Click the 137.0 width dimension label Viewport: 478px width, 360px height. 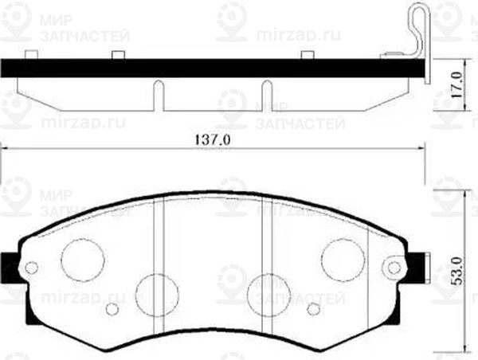(x=213, y=139)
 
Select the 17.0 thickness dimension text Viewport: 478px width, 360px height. (x=456, y=82)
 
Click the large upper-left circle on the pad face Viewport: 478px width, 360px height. (x=84, y=258)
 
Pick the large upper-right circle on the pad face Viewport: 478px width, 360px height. (x=343, y=258)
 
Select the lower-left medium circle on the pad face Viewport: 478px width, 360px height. (x=156, y=293)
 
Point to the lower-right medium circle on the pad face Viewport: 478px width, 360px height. (x=268, y=293)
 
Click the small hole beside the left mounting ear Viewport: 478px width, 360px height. (x=32, y=268)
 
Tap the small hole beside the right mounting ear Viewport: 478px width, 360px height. (x=393, y=268)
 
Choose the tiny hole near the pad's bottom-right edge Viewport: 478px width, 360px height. (x=313, y=309)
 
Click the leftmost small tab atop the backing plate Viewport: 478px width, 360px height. (x=31, y=56)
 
